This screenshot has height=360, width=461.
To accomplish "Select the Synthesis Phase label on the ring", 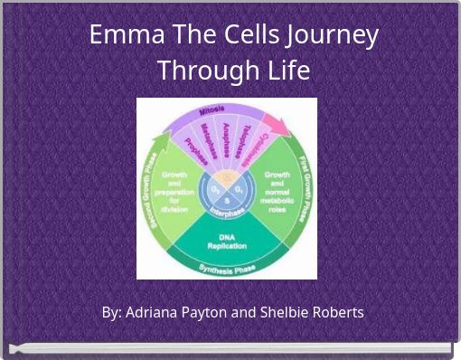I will [x=227, y=269].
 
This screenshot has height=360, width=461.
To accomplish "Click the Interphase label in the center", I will [x=227, y=212].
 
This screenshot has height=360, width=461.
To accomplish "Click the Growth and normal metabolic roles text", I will [x=277, y=191].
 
